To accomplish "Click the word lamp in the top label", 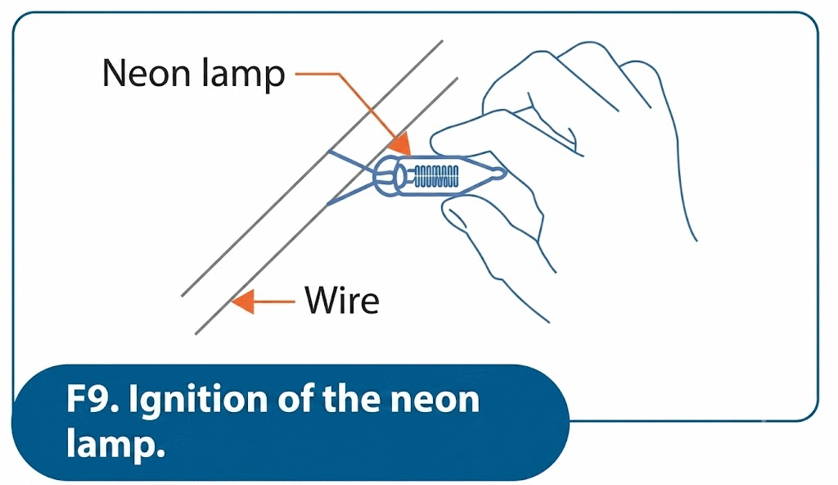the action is tap(244, 75).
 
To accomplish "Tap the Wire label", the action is tap(343, 300).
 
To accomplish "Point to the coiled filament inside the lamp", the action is tap(436, 177).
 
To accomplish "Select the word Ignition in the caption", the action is tap(198, 401).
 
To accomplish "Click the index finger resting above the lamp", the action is tap(481, 134).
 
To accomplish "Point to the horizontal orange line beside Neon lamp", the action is tap(317, 74).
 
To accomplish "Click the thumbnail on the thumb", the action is tap(457, 216).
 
